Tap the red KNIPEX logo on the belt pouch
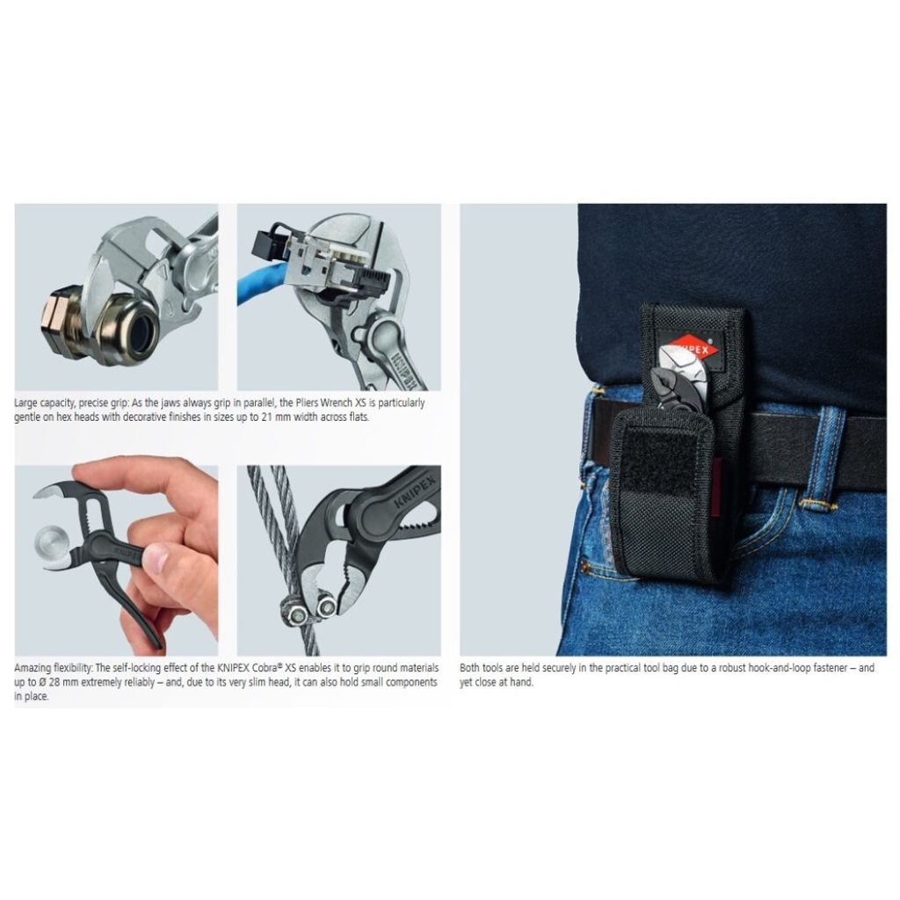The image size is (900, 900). point(688,346)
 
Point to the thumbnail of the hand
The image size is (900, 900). point(156,557)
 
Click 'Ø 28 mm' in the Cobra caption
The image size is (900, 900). point(55,682)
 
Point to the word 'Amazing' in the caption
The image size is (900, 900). point(33,668)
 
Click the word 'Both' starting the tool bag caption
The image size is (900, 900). point(469,668)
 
